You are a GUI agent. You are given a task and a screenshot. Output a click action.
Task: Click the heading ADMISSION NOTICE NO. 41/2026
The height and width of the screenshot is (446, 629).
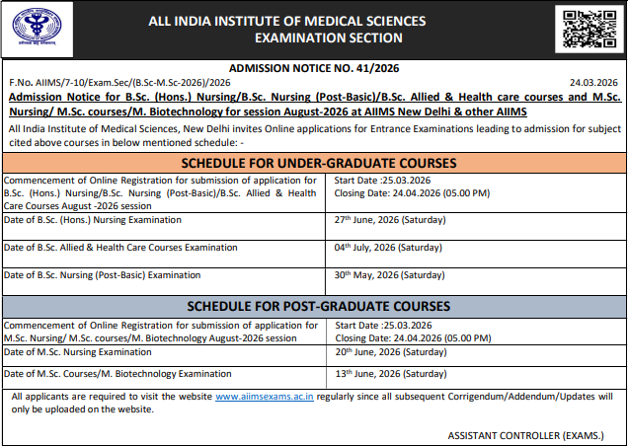point(314,69)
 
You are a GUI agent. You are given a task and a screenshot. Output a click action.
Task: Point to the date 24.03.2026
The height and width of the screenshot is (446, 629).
point(595,84)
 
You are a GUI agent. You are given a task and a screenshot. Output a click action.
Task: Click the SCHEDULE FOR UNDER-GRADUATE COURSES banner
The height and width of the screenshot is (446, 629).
point(314,163)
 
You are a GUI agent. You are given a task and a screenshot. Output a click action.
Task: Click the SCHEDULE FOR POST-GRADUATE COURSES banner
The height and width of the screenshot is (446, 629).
point(314,307)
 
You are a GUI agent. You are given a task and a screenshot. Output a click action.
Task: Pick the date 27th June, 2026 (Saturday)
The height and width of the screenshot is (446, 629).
point(388,220)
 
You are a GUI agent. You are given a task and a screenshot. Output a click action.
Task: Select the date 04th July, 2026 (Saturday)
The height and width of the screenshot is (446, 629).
point(387,248)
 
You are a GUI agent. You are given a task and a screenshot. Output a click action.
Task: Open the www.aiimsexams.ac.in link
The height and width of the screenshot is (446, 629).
point(265,397)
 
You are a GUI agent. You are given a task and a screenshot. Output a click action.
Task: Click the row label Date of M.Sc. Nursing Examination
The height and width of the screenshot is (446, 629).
point(78,352)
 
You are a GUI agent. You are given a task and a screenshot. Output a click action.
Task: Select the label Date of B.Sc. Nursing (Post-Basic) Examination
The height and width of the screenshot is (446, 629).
point(103,275)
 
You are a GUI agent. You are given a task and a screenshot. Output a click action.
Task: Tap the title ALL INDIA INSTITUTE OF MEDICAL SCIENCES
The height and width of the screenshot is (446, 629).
point(287,21)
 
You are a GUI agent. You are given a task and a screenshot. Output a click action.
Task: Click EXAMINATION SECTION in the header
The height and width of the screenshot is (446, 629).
point(328,37)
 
